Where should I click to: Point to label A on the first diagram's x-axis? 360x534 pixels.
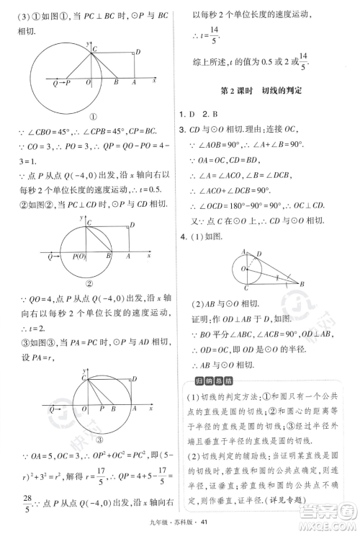[134, 84]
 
